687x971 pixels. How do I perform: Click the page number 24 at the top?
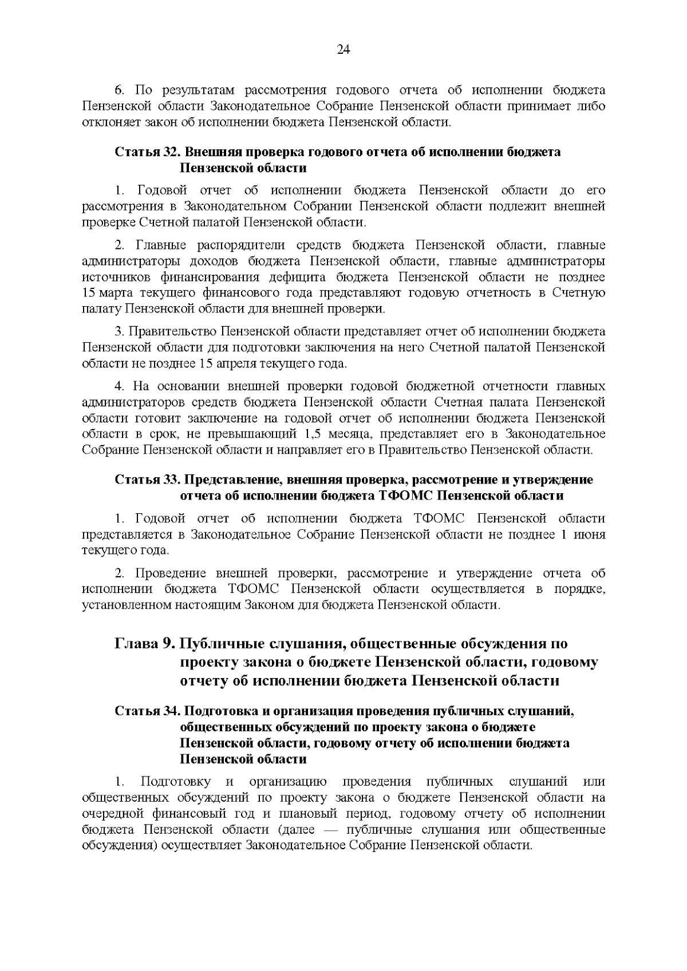click(x=343, y=50)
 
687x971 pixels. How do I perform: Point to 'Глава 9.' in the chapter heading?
click(x=145, y=644)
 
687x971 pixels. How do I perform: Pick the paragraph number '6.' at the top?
click(x=120, y=90)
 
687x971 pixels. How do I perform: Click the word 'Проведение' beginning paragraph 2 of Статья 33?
click(x=169, y=573)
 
